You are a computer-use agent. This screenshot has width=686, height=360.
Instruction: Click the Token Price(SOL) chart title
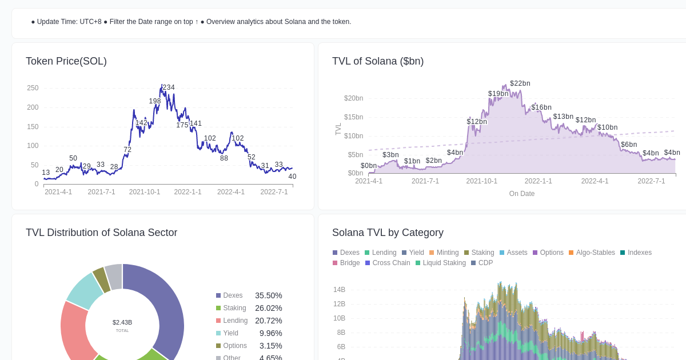pyautogui.click(x=66, y=61)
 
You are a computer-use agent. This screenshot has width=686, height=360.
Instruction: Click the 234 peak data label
pyautogui.click(x=169, y=87)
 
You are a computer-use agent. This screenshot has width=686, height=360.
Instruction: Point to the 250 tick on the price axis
pyautogui.click(x=33, y=88)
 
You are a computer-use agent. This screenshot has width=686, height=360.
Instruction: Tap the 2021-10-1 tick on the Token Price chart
pyautogui.click(x=145, y=192)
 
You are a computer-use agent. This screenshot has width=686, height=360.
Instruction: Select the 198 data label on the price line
pyautogui.click(x=155, y=101)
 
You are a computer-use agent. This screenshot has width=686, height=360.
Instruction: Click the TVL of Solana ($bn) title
pyautogui.click(x=378, y=61)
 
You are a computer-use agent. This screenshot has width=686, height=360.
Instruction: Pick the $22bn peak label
pyautogui.click(x=520, y=83)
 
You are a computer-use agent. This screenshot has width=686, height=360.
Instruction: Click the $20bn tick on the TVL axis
pyautogui.click(x=353, y=98)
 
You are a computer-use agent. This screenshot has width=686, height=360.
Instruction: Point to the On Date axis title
pyautogui.click(x=522, y=194)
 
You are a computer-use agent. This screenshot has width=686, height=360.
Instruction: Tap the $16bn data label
pyautogui.click(x=541, y=107)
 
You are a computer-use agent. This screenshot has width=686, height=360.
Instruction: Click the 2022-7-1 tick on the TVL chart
pyautogui.click(x=651, y=181)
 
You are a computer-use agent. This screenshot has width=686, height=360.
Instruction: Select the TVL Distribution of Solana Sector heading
pyautogui.click(x=101, y=233)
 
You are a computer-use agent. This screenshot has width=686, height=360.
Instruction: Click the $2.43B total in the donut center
pyautogui.click(x=122, y=322)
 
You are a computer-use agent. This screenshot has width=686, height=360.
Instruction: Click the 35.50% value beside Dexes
pyautogui.click(x=269, y=295)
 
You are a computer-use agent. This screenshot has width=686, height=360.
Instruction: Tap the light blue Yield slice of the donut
pyautogui.click(x=85, y=290)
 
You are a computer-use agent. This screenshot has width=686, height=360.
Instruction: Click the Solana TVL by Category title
pyautogui.click(x=388, y=233)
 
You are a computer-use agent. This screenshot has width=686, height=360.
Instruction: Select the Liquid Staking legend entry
pyautogui.click(x=444, y=263)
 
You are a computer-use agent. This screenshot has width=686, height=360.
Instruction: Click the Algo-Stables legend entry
pyautogui.click(x=595, y=253)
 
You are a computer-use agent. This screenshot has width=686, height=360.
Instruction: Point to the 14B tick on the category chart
pyautogui.click(x=339, y=290)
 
